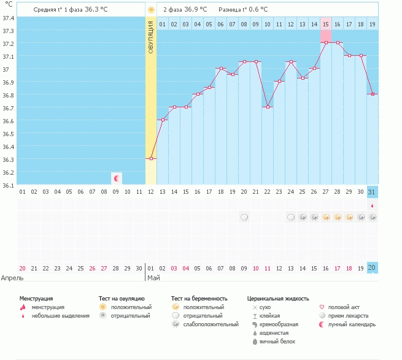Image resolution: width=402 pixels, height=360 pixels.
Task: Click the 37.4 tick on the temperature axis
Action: tap(8, 18)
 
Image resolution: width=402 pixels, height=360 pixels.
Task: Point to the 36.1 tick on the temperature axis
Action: tap(8, 185)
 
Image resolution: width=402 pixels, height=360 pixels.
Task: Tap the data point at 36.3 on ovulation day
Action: tap(151, 158)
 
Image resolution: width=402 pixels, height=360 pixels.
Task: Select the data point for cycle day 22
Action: tap(267, 107)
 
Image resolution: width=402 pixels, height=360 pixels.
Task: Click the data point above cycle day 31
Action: tap(372, 94)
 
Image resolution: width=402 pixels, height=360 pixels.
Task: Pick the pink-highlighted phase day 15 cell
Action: tap(325, 24)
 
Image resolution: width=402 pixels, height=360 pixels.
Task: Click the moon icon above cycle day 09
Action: tap(116, 178)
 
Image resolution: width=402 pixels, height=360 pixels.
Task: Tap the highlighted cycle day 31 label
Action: tap(372, 192)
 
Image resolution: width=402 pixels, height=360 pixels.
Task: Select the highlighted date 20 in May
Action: tap(372, 268)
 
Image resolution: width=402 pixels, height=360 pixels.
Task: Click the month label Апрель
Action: tap(12, 277)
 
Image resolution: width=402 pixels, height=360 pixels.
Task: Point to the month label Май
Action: tap(153, 277)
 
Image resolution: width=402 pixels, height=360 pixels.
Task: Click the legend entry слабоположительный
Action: tap(211, 324)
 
